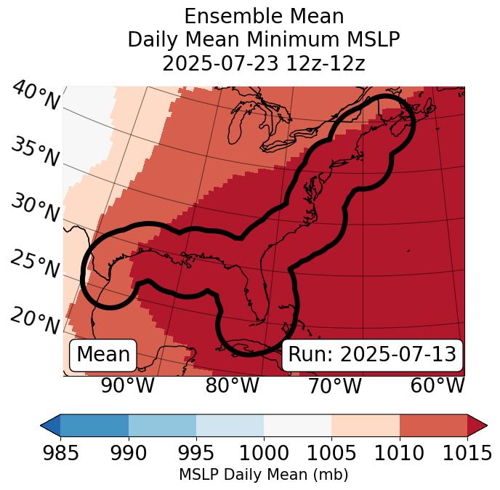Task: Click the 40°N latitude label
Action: coord(36,96)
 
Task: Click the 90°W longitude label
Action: coord(127,385)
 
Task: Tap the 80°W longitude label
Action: coord(232,385)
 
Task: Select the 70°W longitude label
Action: coord(335,385)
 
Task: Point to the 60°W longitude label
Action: coord(437,385)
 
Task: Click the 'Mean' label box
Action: coord(103,355)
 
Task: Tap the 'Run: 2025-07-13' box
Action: coord(372,355)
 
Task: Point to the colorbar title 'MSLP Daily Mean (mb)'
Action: coord(264,475)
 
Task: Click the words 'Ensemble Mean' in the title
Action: coord(264,16)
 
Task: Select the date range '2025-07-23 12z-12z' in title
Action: coord(264,63)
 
